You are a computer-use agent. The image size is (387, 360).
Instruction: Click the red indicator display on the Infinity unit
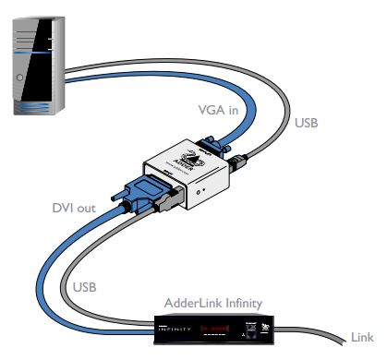pos(214,328)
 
